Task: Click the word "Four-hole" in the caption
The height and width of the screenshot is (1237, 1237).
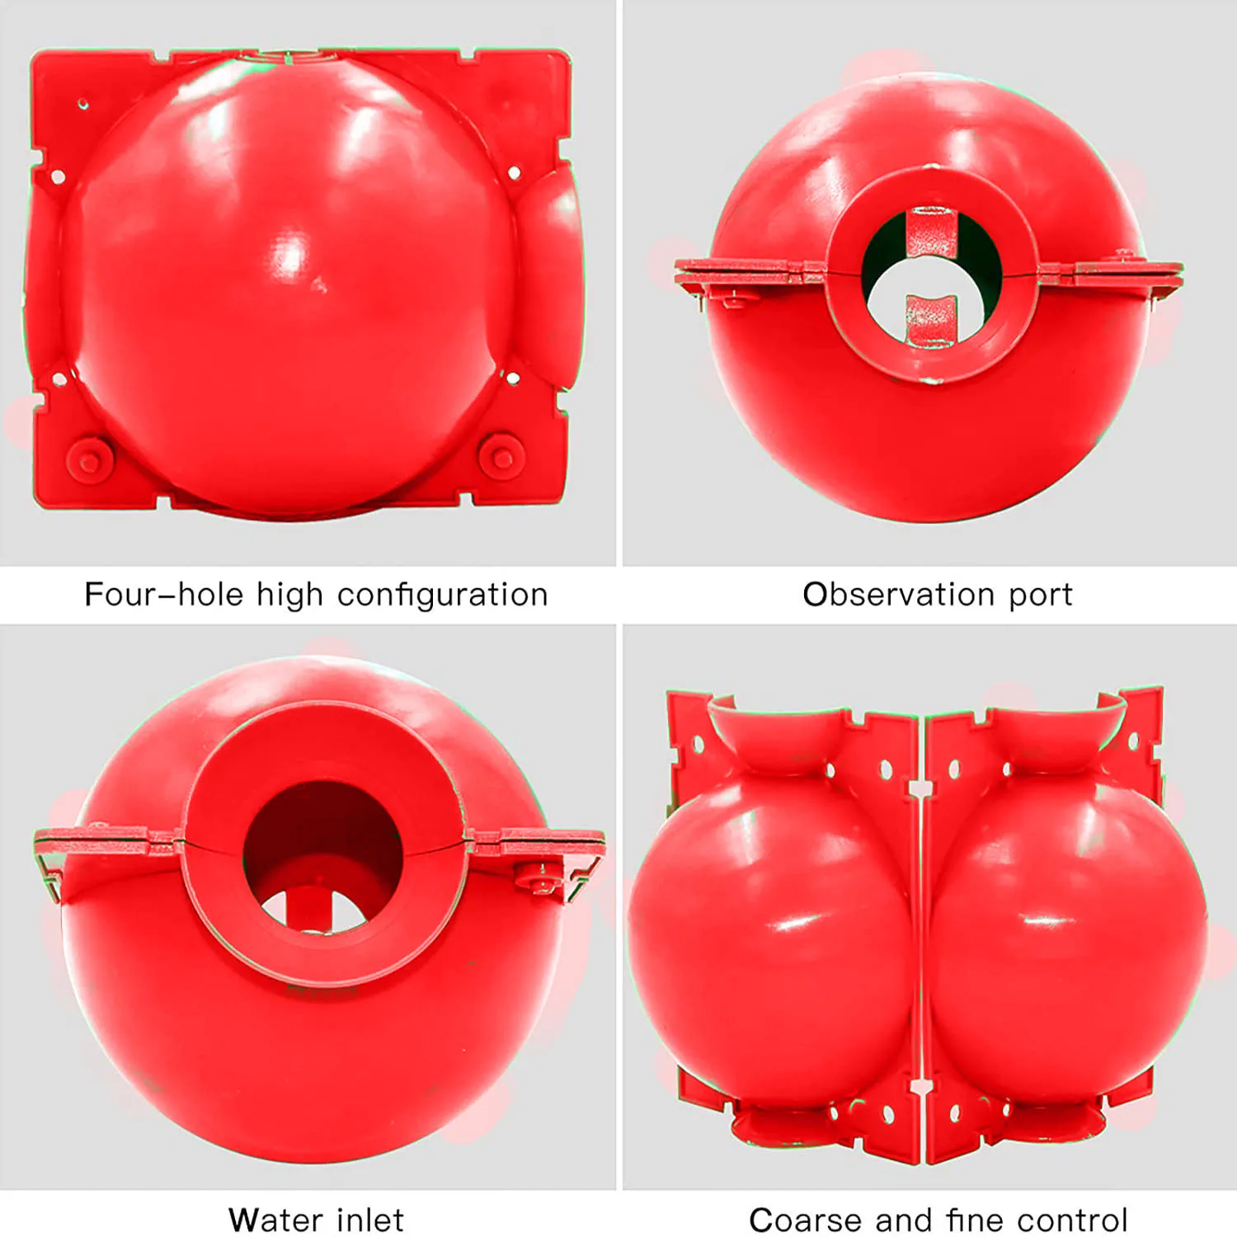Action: pyautogui.click(x=163, y=595)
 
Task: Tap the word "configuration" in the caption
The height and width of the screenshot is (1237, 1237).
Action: pyautogui.click(x=443, y=595)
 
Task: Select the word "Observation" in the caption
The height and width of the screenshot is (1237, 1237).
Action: pyautogui.click(x=898, y=595)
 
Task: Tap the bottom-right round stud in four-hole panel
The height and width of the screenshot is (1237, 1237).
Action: pyautogui.click(x=501, y=454)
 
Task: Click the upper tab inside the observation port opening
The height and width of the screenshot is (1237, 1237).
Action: pyautogui.click(x=932, y=232)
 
